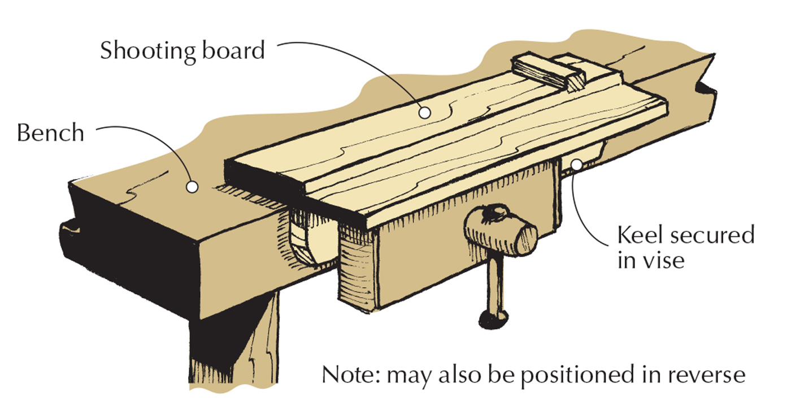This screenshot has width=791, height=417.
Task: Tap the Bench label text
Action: (50, 133)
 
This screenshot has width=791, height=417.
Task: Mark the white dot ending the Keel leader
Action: (576, 164)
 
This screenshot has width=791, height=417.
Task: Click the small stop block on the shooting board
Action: (542, 72)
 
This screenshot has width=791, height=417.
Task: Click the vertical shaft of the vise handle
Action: (493, 285)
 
